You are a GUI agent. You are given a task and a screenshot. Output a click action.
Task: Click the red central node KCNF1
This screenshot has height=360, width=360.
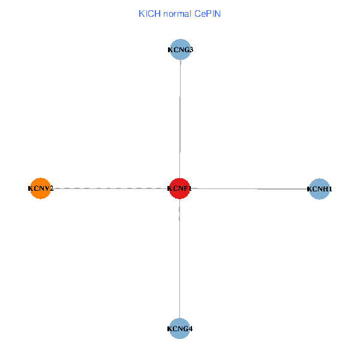click(180, 188)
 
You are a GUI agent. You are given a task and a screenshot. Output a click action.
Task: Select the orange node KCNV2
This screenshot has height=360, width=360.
click(40, 188)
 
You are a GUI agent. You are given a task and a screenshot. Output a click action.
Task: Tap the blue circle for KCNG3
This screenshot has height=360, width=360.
click(180, 49)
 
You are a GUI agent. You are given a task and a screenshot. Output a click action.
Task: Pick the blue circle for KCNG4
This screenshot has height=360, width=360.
click(180, 328)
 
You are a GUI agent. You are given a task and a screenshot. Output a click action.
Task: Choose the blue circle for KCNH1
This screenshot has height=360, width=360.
click(319, 189)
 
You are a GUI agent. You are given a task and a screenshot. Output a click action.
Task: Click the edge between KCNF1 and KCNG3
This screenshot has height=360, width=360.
click(180, 120)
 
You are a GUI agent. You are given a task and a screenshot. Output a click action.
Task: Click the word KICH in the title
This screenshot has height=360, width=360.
click(147, 13)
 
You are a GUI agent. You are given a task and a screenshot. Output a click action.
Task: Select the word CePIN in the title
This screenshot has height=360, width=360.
click(207, 13)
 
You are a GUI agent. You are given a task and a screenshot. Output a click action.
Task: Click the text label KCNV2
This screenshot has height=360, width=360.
click(40, 188)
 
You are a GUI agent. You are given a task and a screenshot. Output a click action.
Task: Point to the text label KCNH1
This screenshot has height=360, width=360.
click(319, 189)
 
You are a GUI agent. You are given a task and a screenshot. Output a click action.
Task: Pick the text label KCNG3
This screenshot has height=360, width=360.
click(180, 50)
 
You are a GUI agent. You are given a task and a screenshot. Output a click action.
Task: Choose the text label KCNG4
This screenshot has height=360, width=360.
click(180, 329)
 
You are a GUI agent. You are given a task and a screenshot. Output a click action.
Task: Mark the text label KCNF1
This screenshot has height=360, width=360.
click(180, 188)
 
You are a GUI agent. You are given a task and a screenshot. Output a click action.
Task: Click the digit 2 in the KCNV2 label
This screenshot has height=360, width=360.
click(51, 188)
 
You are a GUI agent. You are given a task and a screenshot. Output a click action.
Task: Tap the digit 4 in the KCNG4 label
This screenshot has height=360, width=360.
click(190, 329)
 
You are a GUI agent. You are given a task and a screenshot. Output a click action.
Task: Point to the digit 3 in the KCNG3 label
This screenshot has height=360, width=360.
click(190, 50)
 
